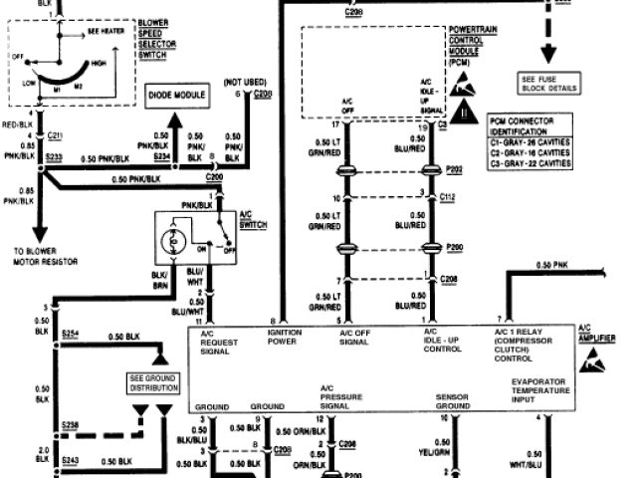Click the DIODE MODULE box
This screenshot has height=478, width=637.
(x=177, y=97)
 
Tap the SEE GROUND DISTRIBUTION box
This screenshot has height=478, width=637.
(x=149, y=382)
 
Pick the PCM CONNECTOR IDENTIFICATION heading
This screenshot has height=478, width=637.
(x=528, y=125)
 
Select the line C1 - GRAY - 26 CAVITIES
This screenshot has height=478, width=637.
(x=530, y=142)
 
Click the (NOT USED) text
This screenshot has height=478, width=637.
(x=244, y=82)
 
